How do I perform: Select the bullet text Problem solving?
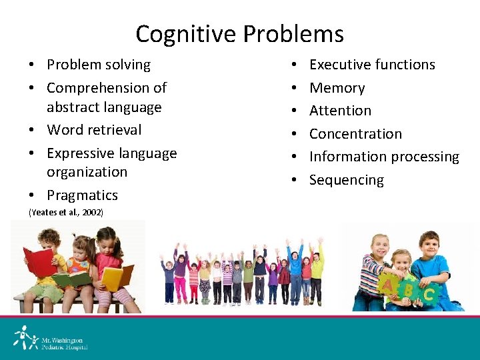click(99, 65)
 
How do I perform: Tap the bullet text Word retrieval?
click(94, 129)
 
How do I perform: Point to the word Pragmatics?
click(82, 195)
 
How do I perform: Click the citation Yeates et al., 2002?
click(65, 212)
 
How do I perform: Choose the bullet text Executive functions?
click(372, 65)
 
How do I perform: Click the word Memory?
click(337, 88)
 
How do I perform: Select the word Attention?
click(340, 111)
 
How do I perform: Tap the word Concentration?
click(355, 133)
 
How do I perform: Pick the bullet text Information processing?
click(384, 157)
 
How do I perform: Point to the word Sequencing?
click(346, 180)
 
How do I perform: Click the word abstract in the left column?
click(74, 107)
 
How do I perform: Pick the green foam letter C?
click(429, 293)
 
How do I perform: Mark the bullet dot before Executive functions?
click(294, 65)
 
